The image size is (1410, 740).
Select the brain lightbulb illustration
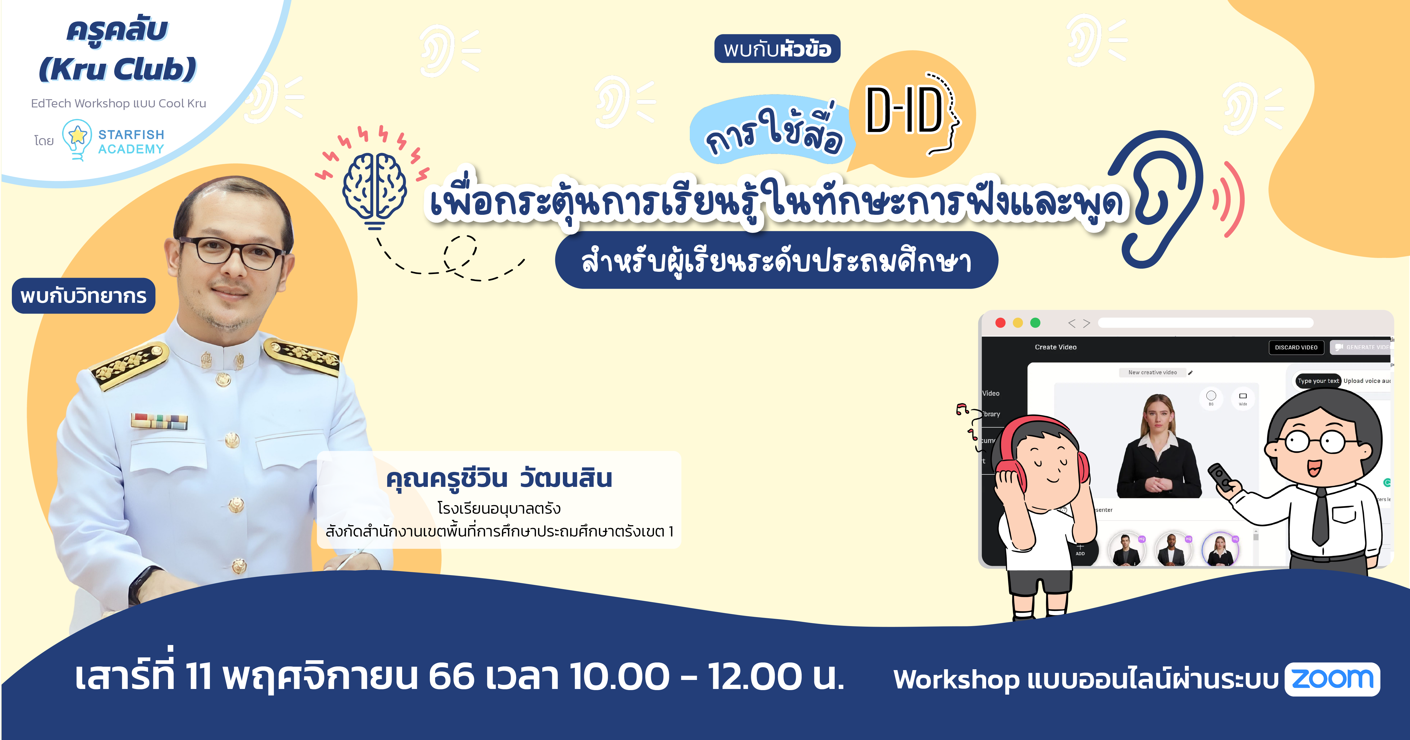click(x=375, y=189)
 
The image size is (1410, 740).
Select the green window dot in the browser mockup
click(x=1035, y=323)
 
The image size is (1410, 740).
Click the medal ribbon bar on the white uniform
click(x=159, y=421)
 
